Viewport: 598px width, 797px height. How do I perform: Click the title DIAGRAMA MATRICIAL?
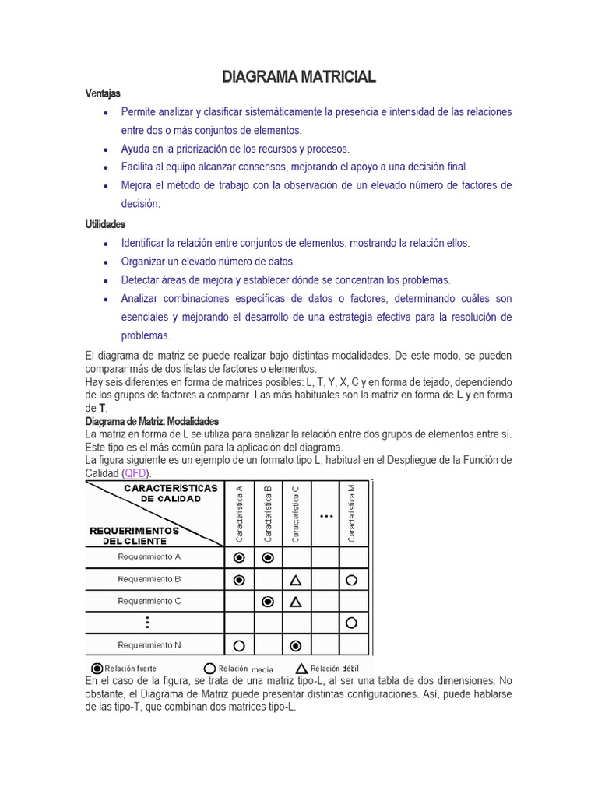pos(299,76)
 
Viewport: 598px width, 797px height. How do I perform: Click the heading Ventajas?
pos(103,93)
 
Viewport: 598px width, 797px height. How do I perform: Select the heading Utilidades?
pos(105,224)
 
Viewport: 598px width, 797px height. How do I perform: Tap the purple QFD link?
pos(135,473)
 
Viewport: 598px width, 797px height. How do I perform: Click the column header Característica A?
pos(239,514)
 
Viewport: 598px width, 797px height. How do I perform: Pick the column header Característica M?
pos(352,514)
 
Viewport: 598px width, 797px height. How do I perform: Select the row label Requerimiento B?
pos(149,579)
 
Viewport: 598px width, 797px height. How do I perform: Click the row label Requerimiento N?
pos(149,644)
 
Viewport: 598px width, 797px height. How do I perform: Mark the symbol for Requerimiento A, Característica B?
pos(268,557)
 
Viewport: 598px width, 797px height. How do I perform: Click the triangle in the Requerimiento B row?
pos(296,580)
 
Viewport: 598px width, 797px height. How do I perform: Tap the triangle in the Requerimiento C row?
pos(296,602)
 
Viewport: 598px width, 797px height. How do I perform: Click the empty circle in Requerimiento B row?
pos(352,580)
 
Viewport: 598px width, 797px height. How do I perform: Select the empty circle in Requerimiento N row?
pos(239,645)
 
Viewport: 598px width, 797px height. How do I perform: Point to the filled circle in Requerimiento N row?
pos(296,645)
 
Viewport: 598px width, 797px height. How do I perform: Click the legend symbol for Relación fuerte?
pos(97,669)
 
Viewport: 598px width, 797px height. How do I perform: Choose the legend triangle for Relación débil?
pos(301,669)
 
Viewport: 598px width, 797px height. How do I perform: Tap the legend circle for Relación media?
pos(209,669)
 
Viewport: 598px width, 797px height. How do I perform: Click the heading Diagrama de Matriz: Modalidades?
pos(153,421)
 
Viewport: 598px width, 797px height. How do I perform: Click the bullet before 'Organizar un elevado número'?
pos(105,262)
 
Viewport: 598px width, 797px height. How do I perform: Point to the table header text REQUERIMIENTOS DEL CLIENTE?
pos(134,535)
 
